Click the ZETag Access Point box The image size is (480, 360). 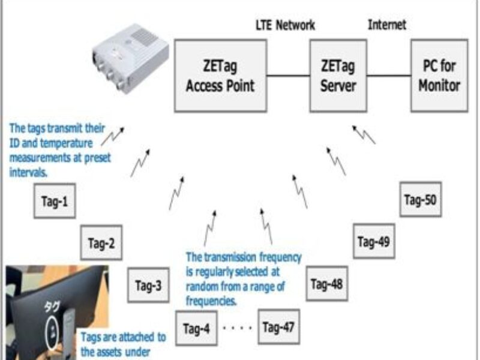220,75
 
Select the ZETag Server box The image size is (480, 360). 338,75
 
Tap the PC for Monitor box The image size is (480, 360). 439,75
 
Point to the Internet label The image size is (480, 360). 386,25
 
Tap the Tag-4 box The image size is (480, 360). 196,329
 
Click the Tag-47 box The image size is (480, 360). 279,327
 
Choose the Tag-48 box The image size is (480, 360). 326,284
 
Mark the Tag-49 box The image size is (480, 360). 374,242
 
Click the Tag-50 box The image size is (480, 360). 421,200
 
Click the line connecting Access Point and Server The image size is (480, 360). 287,76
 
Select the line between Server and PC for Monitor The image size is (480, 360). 388,76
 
